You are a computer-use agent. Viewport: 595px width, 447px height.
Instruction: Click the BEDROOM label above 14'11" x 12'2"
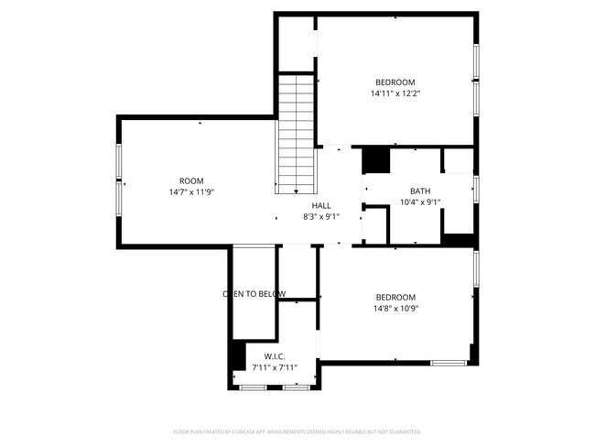tap(395, 82)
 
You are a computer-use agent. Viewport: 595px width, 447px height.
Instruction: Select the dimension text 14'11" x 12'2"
tap(395, 93)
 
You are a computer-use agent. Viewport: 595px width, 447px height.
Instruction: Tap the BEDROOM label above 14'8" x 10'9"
tap(395, 297)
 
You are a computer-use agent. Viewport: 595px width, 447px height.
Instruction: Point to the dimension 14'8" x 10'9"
tap(395, 309)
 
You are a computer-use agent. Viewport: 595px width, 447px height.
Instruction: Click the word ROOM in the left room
tap(191, 180)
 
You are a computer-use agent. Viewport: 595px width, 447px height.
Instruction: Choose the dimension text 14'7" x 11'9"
tap(191, 192)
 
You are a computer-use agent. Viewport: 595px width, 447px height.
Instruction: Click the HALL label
tap(321, 205)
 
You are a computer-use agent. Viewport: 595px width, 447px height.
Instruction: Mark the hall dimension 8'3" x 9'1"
tap(321, 217)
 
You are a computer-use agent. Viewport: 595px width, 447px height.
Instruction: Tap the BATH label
tap(420, 191)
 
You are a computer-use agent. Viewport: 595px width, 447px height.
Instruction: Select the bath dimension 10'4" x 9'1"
tap(420, 202)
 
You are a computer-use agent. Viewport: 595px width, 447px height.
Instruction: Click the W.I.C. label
tap(275, 355)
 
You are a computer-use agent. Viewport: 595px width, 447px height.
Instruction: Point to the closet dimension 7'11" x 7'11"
tap(275, 367)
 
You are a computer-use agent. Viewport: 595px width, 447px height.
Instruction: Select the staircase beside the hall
tap(297, 132)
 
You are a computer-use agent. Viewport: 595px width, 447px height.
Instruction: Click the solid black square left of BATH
tap(376, 160)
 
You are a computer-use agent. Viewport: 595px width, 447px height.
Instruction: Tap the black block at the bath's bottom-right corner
tap(459, 240)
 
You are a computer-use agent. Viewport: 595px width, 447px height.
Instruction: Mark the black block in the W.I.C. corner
tap(236, 356)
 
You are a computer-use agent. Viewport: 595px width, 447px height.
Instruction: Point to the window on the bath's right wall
tap(476, 188)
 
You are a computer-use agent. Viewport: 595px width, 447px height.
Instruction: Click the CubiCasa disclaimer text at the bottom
tap(297, 431)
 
